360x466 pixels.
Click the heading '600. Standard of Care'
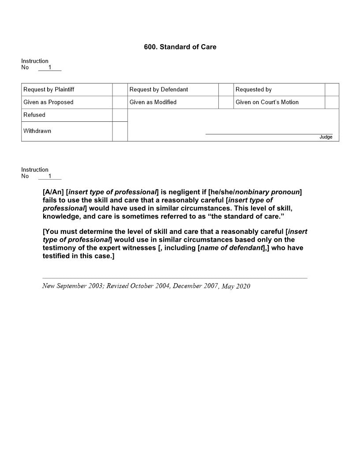[x=180, y=47]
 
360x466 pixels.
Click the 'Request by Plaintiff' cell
[x=49, y=90]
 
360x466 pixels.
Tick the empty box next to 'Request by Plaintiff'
[x=120, y=90]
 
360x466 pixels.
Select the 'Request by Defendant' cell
[x=158, y=90]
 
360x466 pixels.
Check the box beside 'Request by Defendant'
[x=226, y=90]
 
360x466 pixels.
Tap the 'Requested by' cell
[x=253, y=90]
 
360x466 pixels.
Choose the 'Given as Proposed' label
[x=48, y=102]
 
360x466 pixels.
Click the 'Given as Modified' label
[x=153, y=102]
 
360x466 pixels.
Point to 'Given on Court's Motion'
[x=267, y=102]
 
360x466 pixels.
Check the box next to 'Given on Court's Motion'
[x=332, y=102]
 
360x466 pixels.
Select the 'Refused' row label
[x=34, y=115]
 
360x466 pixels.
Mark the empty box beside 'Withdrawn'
[x=120, y=132]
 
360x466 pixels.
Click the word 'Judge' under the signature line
[x=326, y=137]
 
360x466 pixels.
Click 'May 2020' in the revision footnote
[x=236, y=286]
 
